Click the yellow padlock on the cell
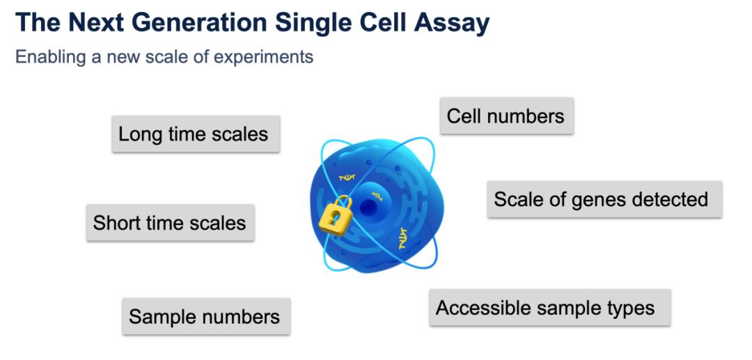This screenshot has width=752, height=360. pyautogui.click(x=335, y=217)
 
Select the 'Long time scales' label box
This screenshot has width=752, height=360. pyautogui.click(x=196, y=134)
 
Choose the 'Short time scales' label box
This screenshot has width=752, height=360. pyautogui.click(x=170, y=223)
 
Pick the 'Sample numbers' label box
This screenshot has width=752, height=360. pyautogui.click(x=205, y=317)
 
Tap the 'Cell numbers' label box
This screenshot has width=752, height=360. pyautogui.click(x=506, y=116)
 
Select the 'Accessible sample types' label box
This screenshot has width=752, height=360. pyautogui.click(x=549, y=308)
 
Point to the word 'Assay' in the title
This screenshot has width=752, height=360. pyautogui.click(x=452, y=23)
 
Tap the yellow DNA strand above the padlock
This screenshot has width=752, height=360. pyautogui.click(x=346, y=178)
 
